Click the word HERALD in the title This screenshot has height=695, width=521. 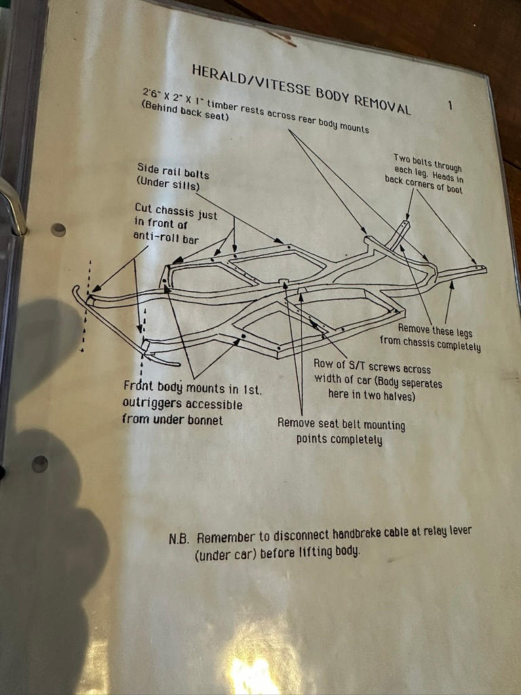pyautogui.click(x=218, y=75)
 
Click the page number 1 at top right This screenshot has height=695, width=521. pyautogui.click(x=450, y=105)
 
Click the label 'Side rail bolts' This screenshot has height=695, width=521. pyautogui.click(x=173, y=170)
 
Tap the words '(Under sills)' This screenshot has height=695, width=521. pyautogui.click(x=168, y=183)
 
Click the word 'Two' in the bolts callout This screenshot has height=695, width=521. pyautogui.click(x=402, y=159)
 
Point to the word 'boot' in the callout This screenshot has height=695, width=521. pyautogui.click(x=453, y=189)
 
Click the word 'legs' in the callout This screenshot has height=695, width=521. pyautogui.click(x=463, y=333)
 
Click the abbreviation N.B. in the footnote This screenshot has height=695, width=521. pyautogui.click(x=179, y=539)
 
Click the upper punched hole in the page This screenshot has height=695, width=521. pyautogui.click(x=58, y=229)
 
